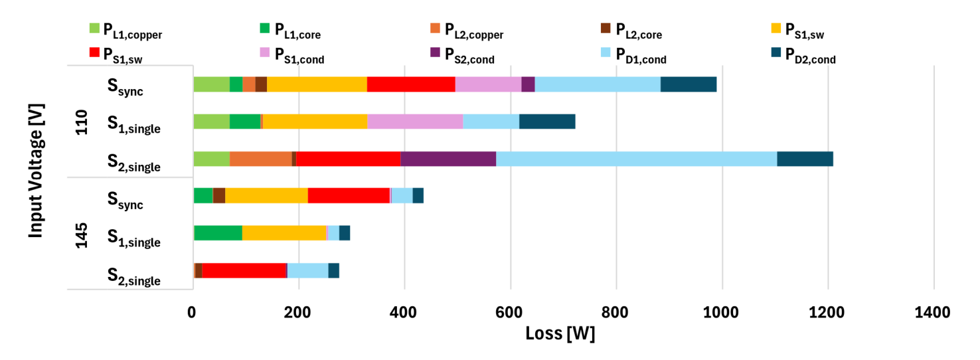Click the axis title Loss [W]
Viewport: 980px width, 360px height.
[x=560, y=333]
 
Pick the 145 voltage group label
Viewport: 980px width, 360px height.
[x=82, y=234]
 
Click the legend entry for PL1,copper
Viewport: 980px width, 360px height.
[x=126, y=30]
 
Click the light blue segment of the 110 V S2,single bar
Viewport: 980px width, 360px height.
[x=636, y=159]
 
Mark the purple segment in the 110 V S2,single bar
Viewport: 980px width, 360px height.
[x=448, y=159]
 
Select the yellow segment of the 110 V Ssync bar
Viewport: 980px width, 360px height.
[x=317, y=84]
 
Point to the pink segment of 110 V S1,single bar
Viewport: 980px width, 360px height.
[x=415, y=122]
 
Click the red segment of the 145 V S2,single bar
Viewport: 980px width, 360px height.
[x=244, y=271]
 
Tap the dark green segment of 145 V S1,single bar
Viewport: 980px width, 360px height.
[x=218, y=233]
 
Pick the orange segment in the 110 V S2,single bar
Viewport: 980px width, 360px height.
[x=260, y=159]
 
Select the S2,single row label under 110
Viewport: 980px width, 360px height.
[x=134, y=163]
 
